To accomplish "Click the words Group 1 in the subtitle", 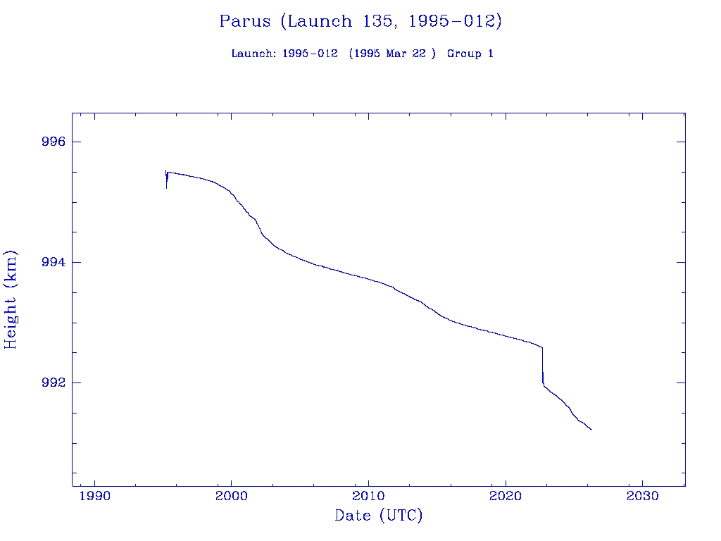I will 470,54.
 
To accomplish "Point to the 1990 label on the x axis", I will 94,496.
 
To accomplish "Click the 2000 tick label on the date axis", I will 232,496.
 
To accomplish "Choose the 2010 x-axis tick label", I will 369,496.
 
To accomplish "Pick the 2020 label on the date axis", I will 506,496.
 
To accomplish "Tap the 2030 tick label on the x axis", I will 643,496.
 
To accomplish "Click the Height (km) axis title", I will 11,299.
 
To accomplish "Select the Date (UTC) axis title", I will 379,516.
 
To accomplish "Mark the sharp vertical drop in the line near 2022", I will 542,366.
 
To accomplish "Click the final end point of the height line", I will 591,429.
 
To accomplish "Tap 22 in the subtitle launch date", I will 419,54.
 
